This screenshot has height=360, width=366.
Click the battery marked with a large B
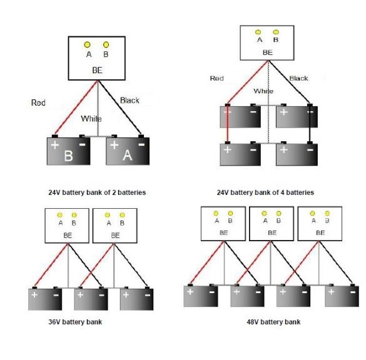coord(68,150)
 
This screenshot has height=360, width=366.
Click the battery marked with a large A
coord(128,150)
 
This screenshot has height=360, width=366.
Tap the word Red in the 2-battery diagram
coord(38,102)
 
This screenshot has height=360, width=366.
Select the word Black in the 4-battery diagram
coord(298,78)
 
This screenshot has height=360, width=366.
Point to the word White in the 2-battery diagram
coord(91,119)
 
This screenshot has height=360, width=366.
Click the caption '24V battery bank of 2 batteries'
coord(97,192)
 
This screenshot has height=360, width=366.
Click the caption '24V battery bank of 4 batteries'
coord(265,192)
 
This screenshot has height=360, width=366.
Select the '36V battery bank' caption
coord(75,322)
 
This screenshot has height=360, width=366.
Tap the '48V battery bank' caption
coord(273,322)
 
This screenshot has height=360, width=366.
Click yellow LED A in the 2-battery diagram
coord(87,44)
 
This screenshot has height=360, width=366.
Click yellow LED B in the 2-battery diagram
coord(106,44)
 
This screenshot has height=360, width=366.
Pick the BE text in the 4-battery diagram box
coord(268,52)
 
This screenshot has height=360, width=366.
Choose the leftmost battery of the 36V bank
coord(45,299)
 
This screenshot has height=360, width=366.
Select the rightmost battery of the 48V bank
coord(342,295)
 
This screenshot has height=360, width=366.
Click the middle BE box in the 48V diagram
coord(272,224)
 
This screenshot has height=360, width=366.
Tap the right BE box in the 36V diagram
coord(115,226)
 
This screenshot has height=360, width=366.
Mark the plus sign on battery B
coord(55,145)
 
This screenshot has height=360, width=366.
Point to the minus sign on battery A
coord(141,144)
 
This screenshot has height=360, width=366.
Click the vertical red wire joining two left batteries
coord(228,124)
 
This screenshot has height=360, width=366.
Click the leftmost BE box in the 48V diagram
coord(223,224)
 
